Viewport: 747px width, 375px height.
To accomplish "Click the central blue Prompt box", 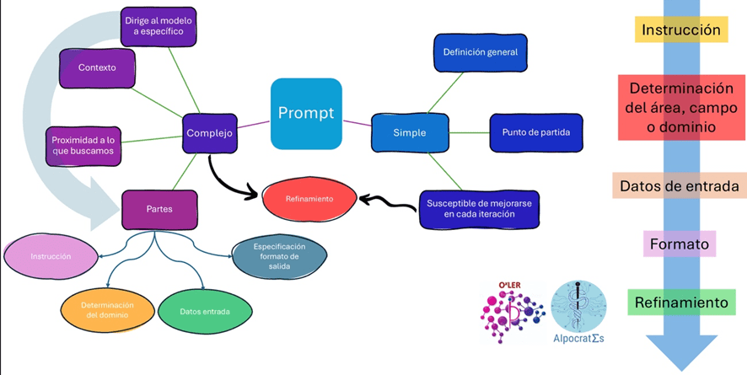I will pyautogui.click(x=306, y=113).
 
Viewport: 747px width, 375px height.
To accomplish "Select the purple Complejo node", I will pyautogui.click(x=210, y=132).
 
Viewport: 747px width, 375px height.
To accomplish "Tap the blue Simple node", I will pyautogui.click(x=409, y=132).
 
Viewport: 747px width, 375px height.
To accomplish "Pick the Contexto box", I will pyautogui.click(x=97, y=67).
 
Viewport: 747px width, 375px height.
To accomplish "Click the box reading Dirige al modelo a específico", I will pyautogui.click(x=159, y=26).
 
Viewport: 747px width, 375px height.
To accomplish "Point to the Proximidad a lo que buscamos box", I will pyautogui.click(x=83, y=145).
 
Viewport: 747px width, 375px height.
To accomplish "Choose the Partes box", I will pyautogui.click(x=159, y=209).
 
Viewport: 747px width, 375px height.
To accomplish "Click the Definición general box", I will pyautogui.click(x=480, y=52).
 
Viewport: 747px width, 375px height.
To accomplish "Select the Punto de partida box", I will pyautogui.click(x=536, y=132).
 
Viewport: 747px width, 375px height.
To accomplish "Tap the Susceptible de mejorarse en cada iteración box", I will pyautogui.click(x=479, y=208).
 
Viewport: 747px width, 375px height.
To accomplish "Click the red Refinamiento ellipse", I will pyautogui.click(x=309, y=199).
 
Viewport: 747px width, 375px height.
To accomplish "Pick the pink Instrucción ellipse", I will pyautogui.click(x=51, y=255).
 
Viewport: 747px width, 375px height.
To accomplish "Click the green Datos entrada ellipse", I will pyautogui.click(x=204, y=311).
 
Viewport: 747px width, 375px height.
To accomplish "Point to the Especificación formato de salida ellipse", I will pyautogui.click(x=278, y=256).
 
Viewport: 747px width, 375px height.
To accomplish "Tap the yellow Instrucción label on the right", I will pyautogui.click(x=681, y=30).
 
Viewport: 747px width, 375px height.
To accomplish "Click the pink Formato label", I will pyautogui.click(x=680, y=244).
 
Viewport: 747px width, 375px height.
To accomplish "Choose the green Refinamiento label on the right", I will pyautogui.click(x=680, y=303).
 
